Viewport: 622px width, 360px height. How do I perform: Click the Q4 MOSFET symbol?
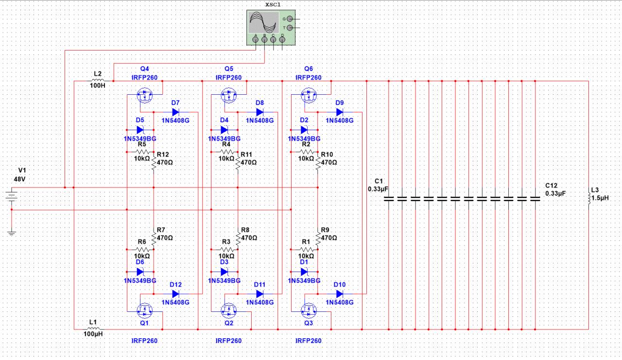(145, 95)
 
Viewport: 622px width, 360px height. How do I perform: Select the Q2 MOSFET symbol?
(229, 310)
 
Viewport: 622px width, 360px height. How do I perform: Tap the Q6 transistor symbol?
(309, 95)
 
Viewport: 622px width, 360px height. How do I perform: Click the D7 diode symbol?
(175, 112)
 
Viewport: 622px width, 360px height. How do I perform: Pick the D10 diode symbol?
(339, 293)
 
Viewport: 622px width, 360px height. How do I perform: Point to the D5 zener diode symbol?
(140, 130)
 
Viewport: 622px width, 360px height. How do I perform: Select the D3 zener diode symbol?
(225, 272)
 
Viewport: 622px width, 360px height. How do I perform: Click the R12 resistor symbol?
(154, 163)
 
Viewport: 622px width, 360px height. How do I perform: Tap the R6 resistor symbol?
(142, 249)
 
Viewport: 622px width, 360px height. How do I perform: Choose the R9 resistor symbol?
(318, 239)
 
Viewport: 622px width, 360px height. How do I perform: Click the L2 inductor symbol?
(98, 81)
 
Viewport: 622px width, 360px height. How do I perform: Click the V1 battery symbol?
(11, 196)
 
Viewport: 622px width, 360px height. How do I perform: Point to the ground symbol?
(11, 233)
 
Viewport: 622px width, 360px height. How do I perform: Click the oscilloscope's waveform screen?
(263, 22)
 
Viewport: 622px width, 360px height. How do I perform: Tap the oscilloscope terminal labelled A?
(256, 39)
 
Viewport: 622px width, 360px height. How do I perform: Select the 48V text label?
(20, 179)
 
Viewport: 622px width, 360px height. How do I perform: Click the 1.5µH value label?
(600, 198)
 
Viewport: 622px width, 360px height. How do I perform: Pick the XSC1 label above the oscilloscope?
(273, 5)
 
